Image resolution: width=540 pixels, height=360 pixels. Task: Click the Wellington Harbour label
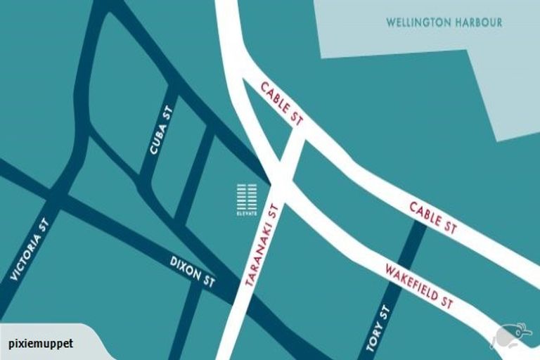pos(444,22)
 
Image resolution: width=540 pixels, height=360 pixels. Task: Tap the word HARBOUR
pos(478,22)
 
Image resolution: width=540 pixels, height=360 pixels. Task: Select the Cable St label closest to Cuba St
pos(281,104)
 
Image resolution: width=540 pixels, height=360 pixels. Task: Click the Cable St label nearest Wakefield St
pos(433,216)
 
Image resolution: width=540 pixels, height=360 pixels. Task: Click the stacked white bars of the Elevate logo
pos(247,196)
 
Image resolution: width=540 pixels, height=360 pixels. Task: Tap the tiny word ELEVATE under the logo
pos(247,213)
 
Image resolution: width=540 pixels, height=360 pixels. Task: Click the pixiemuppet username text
pos(41,345)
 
